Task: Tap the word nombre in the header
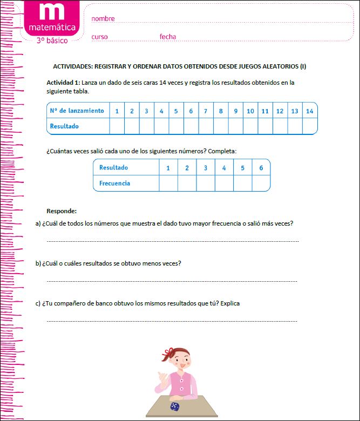tap(103, 19)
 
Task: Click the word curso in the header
tap(99, 37)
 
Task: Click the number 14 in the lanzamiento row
tap(309, 111)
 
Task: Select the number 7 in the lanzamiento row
tap(205, 111)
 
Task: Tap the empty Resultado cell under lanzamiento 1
tap(117, 126)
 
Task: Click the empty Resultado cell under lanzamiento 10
tap(250, 126)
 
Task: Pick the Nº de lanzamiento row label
tap(77, 111)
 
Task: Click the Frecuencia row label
tap(114, 183)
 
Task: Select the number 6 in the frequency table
tap(261, 168)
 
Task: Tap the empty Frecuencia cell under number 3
tap(205, 183)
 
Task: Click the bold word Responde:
tap(62, 210)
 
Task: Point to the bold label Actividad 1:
tap(64, 83)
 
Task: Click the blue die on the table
tap(175, 406)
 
